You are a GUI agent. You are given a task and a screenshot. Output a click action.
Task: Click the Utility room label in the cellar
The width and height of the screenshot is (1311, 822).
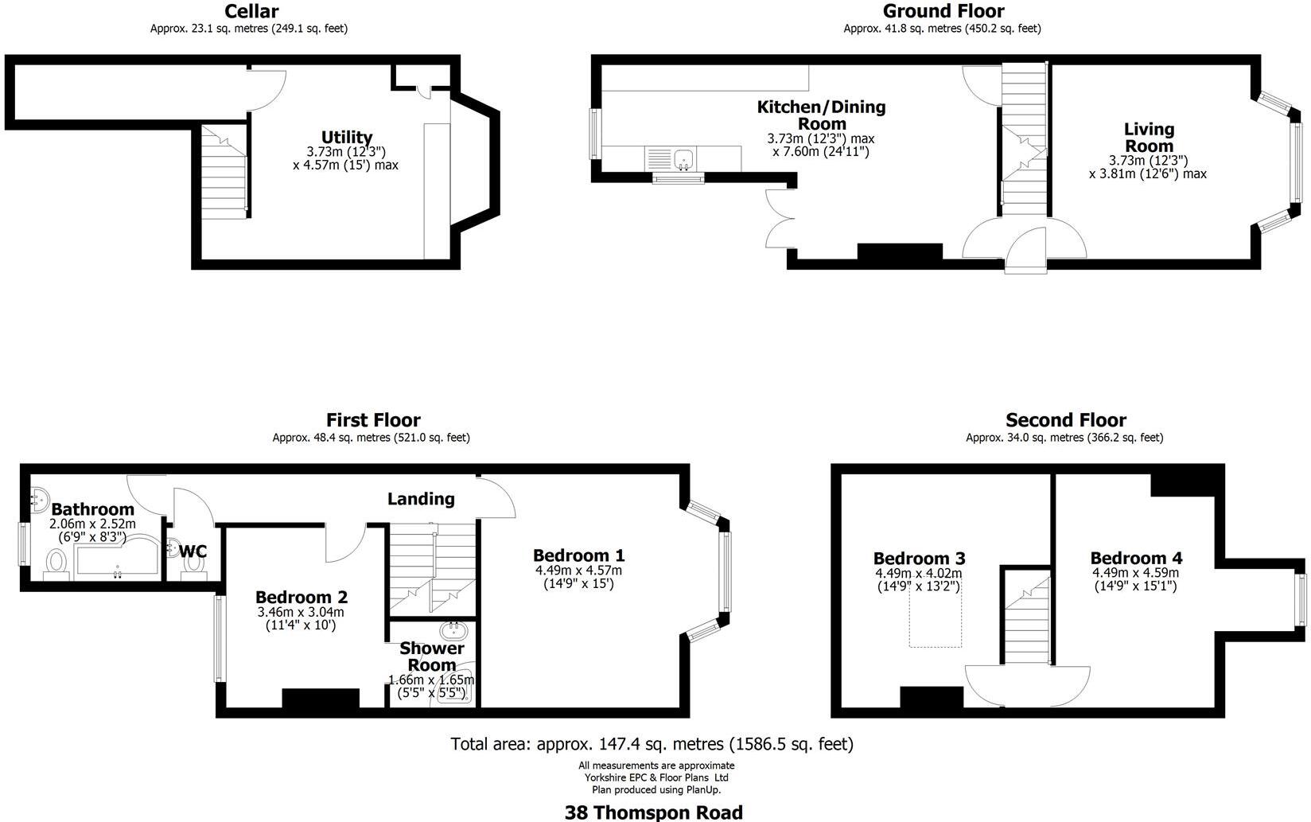pyautogui.click(x=347, y=137)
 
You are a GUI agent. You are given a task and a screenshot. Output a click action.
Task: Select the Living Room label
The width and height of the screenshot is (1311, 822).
pyautogui.click(x=1149, y=137)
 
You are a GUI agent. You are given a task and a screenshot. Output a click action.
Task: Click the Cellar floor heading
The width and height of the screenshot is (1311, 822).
pyautogui.click(x=251, y=11)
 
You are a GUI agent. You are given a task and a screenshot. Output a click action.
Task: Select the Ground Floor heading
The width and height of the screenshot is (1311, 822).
pyautogui.click(x=943, y=11)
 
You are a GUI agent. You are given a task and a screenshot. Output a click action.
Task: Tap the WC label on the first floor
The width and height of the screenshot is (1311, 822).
pyautogui.click(x=193, y=551)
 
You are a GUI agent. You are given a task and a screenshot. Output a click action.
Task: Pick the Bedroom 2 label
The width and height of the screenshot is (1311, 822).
pyautogui.click(x=301, y=597)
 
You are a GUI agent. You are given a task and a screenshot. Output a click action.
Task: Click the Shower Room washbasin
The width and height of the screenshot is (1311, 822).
pyautogui.click(x=454, y=632)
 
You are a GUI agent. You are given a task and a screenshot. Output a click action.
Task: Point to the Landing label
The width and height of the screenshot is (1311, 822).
pyautogui.click(x=421, y=499)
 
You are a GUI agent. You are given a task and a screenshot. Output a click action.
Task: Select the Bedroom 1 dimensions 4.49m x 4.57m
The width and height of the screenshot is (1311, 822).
pyautogui.click(x=578, y=570)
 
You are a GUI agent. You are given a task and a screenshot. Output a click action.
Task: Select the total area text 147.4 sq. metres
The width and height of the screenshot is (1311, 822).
pyautogui.click(x=652, y=744)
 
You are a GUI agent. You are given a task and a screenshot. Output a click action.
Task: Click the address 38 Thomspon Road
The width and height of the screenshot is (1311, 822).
pyautogui.click(x=653, y=812)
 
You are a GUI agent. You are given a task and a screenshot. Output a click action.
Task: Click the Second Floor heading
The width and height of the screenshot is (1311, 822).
pyautogui.click(x=1065, y=420)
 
